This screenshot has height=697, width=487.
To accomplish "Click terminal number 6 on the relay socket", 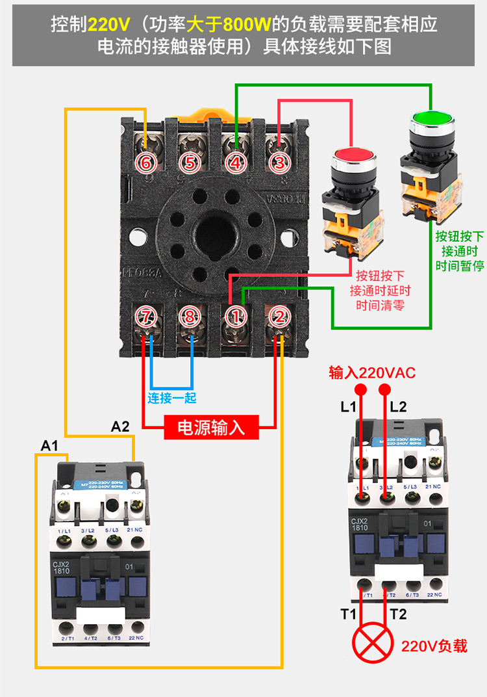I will coord(145,163).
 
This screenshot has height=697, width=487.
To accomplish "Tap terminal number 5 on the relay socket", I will coord(189,163).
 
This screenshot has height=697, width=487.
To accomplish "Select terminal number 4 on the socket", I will coord(236,163).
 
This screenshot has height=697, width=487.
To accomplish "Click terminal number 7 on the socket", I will coord(147,317).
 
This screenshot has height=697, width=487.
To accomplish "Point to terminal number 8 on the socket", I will coord(190,317).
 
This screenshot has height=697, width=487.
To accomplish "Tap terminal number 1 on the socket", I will coord(236,317).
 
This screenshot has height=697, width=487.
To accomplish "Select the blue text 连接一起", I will coord(171,397).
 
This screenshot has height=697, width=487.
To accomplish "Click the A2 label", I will coord(120,427).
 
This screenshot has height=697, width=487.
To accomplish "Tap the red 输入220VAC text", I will coord(372,373).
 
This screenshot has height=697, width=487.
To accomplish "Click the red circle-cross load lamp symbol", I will coord(372,644).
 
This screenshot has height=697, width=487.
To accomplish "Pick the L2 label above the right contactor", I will coord(398,407).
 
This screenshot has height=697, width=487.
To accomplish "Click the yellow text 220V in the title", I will coord(109,25).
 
